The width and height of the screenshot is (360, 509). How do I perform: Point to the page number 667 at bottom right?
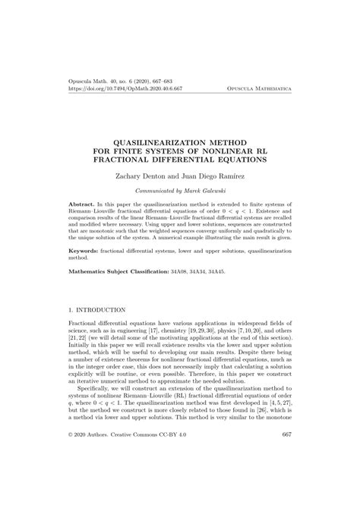pos(287,476)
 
